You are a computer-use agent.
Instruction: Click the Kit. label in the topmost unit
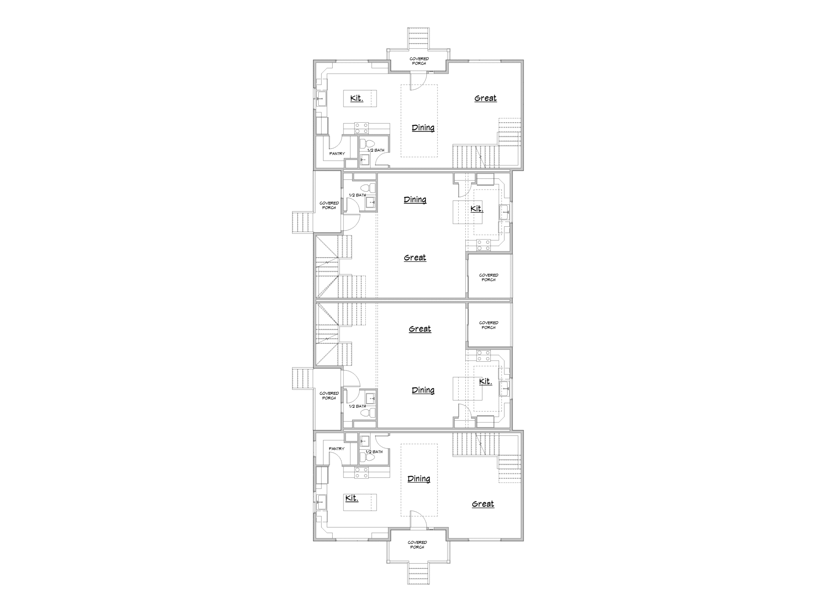coord(357,98)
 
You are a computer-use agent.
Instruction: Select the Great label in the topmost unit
coord(485,98)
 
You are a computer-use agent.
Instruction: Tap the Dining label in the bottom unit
coord(419,479)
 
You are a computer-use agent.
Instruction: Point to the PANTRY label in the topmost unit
coord(337,154)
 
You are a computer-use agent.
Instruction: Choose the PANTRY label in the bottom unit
coord(336,449)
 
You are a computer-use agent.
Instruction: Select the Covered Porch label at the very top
coord(419,61)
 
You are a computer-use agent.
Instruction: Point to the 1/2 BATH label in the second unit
coord(357,195)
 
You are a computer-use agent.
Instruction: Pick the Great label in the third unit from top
coord(420,329)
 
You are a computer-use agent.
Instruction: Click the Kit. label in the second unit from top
coord(477,209)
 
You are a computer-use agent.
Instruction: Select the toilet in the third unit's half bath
coord(368,413)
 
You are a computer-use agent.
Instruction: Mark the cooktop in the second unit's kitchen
coord(484,245)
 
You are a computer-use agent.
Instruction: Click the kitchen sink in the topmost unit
coord(321,98)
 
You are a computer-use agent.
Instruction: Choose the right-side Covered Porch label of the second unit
coord(488,277)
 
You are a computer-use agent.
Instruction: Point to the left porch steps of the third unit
coord(303,379)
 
